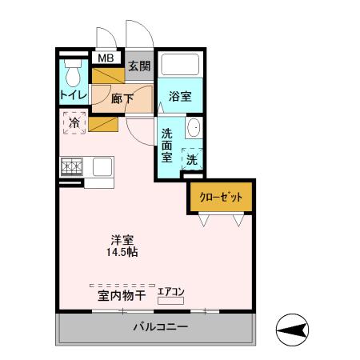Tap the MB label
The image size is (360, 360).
(105, 58)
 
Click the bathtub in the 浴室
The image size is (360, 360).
(180, 66)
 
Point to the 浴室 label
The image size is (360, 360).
(179, 97)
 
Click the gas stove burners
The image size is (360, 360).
(71, 167)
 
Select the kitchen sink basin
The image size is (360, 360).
(102, 167)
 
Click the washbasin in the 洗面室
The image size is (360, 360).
(194, 130)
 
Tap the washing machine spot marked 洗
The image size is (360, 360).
(192, 159)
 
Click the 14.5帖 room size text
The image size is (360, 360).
(122, 253)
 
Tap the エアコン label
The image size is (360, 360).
(170, 291)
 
